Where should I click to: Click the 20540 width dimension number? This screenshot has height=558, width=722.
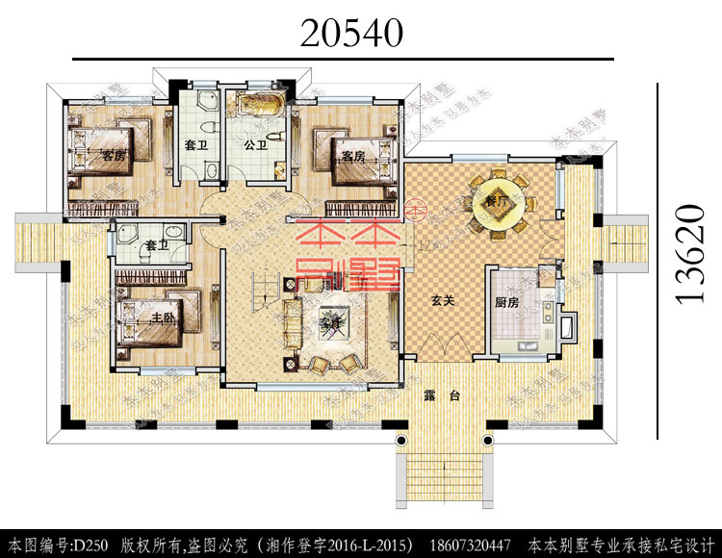coord(350,33)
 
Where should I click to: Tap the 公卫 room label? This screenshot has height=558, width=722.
coord(255,145)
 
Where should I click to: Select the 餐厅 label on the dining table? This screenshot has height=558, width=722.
coord(497,203)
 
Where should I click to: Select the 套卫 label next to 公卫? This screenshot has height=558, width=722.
coord(197,146)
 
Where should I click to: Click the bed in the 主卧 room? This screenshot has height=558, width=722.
coord(159,316)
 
